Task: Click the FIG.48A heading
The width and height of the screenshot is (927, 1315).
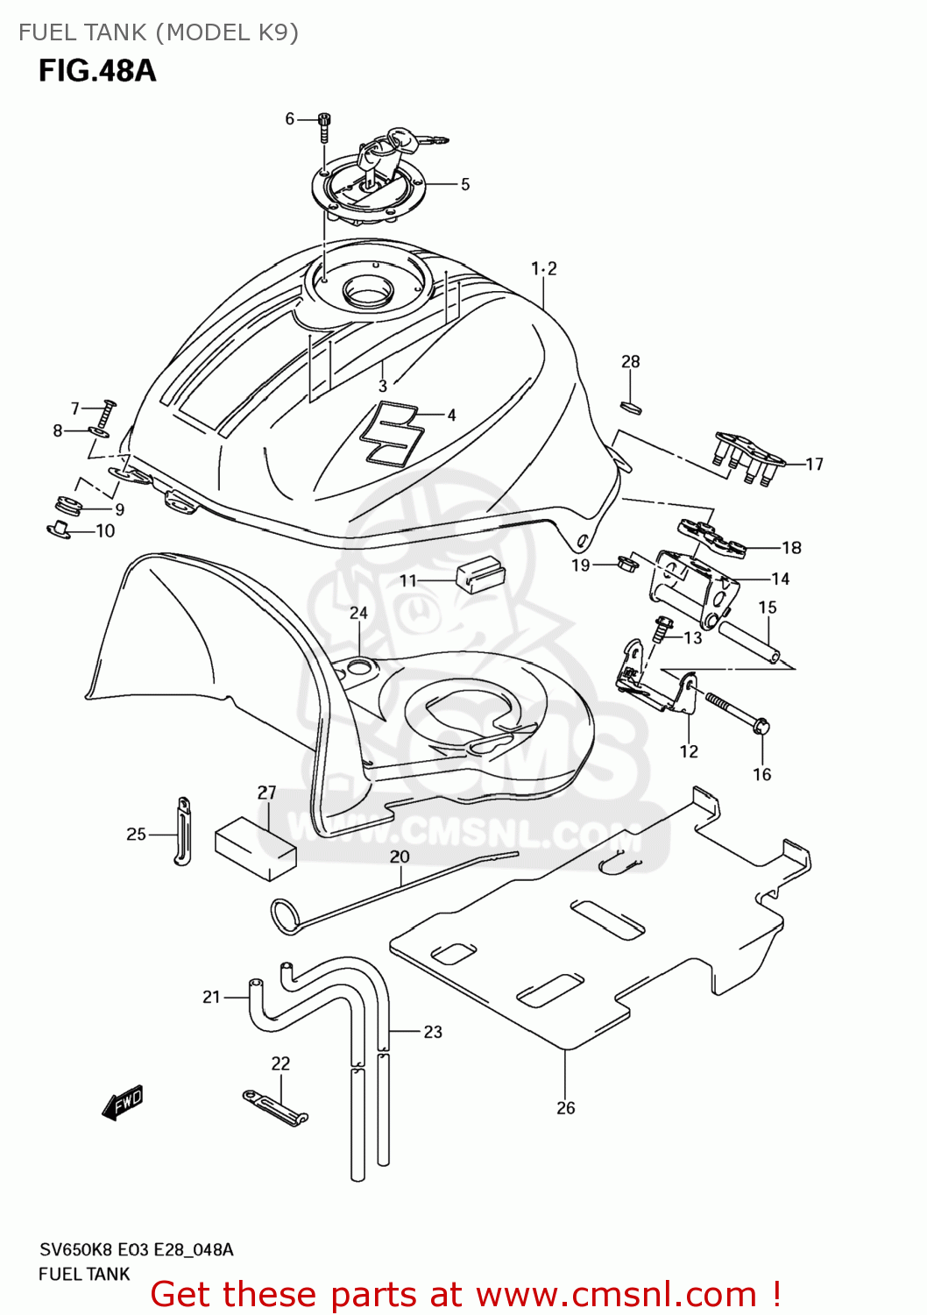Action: click(x=97, y=70)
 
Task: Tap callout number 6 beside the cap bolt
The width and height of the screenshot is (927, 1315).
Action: click(x=290, y=118)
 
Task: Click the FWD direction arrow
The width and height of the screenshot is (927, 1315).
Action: click(x=123, y=1104)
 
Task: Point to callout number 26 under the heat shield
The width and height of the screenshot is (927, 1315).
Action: click(x=566, y=1107)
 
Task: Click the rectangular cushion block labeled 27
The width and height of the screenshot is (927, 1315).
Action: click(x=255, y=848)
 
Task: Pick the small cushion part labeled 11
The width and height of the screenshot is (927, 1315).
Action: click(x=481, y=575)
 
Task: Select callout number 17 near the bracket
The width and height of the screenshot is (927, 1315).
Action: click(x=815, y=464)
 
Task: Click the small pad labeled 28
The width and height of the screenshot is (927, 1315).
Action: click(x=632, y=407)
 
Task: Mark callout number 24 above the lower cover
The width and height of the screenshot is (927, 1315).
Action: click(x=358, y=613)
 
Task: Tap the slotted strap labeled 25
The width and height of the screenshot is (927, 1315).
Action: click(x=182, y=830)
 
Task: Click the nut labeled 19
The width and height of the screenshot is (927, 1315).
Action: click(x=626, y=561)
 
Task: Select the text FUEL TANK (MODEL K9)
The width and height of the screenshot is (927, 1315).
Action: click(x=159, y=32)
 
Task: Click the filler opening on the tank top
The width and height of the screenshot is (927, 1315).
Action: click(x=373, y=289)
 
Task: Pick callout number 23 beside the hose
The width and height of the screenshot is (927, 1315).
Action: click(x=433, y=1032)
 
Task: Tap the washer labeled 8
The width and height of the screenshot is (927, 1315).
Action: click(x=99, y=431)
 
